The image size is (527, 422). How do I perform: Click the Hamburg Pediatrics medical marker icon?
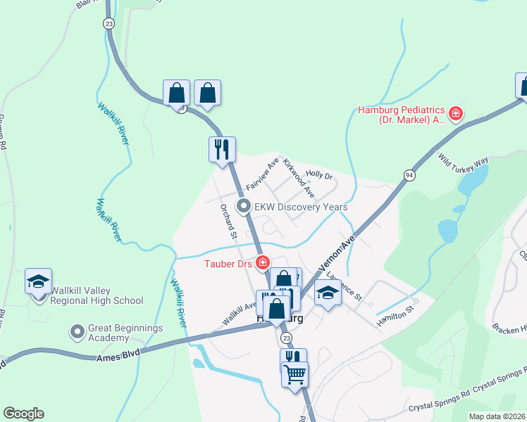(x=456, y=113)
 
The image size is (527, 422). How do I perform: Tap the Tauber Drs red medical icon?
(x=263, y=263)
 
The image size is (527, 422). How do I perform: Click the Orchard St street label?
(x=228, y=222)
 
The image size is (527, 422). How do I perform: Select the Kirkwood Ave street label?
(x=299, y=178)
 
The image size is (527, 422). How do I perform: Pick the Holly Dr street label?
(x=319, y=174)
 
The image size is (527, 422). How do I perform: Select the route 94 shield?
(x=409, y=174)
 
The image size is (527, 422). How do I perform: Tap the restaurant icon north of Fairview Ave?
(x=222, y=148)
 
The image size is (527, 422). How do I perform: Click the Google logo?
(x=23, y=414)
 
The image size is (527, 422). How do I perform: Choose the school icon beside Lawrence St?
(x=328, y=292)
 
